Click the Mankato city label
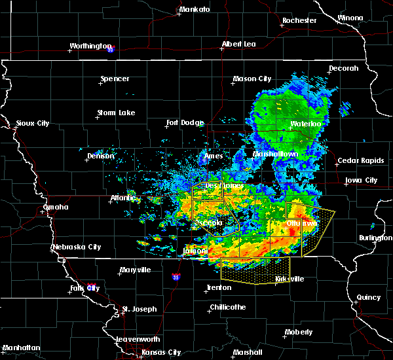pos(194,9)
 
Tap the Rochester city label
pos(299,20)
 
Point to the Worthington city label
pos(90,46)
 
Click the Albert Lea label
pos(238,44)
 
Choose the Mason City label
pos(252,79)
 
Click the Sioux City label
pos(33,123)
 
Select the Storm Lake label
pos(116,113)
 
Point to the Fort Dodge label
pos(185,122)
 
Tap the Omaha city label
pos(56,207)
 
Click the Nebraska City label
pos(77,247)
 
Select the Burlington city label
pos(376,238)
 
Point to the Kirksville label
pos(289,279)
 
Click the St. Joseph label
pos(139,309)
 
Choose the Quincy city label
pos(367,297)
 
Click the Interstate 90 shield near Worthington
pos(111,49)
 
